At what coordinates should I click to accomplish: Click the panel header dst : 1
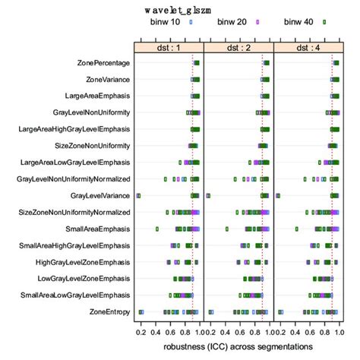[168, 47]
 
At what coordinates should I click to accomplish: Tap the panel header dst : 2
[238, 47]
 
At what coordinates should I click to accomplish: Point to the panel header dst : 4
[308, 47]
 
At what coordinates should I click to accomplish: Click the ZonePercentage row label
[103, 62]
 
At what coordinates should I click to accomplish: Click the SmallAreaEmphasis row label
[98, 229]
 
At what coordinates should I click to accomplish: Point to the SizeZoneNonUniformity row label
[90, 146]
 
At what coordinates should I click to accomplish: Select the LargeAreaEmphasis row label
[96, 96]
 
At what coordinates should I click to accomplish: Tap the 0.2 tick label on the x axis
[141, 332]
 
